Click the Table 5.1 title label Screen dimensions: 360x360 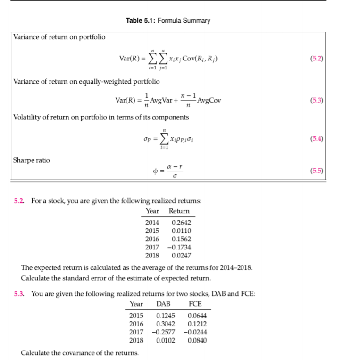[168, 20]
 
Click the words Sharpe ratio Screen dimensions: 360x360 [31, 160]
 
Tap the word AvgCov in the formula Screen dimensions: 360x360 [210, 100]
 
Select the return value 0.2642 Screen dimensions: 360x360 [182, 223]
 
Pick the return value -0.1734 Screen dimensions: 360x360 [180, 247]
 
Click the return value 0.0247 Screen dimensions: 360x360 [182, 255]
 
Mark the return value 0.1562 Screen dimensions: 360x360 [182, 239]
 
